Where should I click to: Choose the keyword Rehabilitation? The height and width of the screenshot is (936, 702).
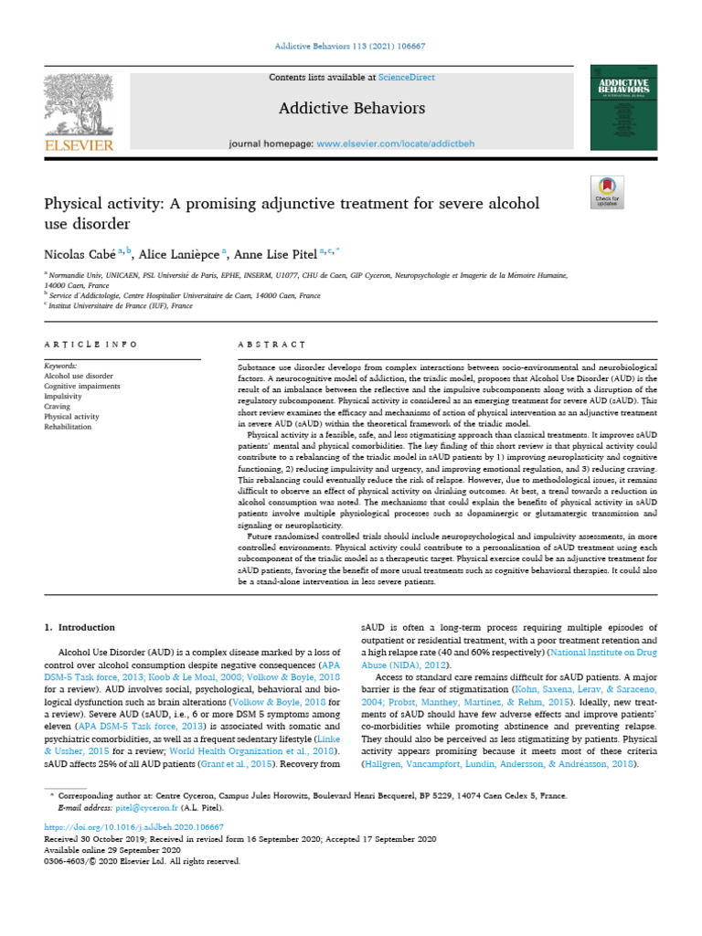coord(68,427)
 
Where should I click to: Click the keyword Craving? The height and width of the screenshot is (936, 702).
coord(58,407)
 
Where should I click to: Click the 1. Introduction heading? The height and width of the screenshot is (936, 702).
coord(80,627)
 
